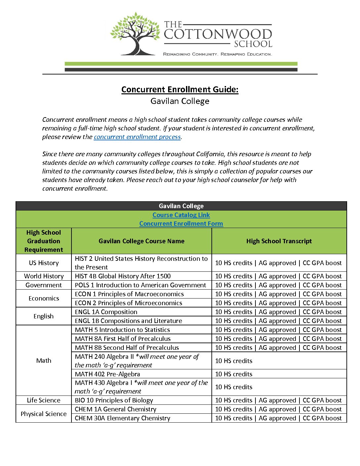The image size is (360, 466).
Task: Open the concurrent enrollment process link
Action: point(137,137)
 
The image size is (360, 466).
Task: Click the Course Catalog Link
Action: point(181,215)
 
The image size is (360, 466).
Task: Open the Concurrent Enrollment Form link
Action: point(181,223)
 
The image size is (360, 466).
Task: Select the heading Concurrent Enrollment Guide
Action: point(180,89)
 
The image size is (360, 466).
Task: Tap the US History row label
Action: point(44,263)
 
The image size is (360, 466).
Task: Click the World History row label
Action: point(44,276)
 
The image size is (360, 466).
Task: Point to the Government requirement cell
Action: point(44,285)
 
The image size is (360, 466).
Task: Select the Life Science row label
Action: point(44,400)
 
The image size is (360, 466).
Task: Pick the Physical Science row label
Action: point(44,414)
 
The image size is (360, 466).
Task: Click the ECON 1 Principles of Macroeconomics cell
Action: point(129,294)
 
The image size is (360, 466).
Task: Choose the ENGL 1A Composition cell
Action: point(106,312)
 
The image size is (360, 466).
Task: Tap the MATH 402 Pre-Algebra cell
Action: point(107,374)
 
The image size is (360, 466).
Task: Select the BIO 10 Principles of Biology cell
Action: point(114,400)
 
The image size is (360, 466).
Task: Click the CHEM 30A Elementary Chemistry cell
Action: point(122,418)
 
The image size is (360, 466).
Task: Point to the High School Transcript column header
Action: point(279,241)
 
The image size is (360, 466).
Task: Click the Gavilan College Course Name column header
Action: point(141,241)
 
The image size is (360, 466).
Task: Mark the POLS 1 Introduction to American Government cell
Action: point(140,285)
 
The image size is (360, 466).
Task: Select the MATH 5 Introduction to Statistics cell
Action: point(122,330)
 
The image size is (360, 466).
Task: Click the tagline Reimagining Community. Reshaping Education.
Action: point(217,54)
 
